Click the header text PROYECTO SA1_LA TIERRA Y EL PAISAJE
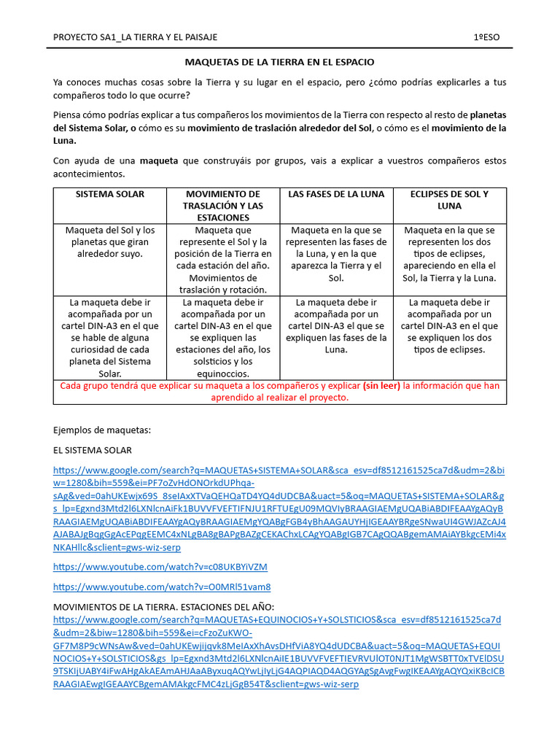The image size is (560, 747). pos(136,37)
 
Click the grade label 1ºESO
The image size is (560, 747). pos(488,37)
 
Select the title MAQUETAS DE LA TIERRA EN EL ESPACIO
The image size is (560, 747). pos(279,63)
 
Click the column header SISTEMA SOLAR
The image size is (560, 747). pos(109,194)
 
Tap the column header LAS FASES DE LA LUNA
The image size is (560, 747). pos(336,194)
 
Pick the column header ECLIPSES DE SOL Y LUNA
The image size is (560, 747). pos(449,200)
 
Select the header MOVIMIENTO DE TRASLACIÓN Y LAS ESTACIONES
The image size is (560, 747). pos(223,206)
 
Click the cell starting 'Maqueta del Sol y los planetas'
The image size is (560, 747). pos(109,242)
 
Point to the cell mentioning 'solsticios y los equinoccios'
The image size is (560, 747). pos(223,338)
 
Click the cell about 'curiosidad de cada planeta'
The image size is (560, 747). pos(109,338)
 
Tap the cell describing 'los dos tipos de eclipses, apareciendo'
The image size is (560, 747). pos(449,254)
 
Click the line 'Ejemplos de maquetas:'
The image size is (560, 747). pos(102,430)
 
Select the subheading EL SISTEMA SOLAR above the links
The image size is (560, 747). pos(93,450)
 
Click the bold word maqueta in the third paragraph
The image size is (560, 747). pos(158,160)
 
